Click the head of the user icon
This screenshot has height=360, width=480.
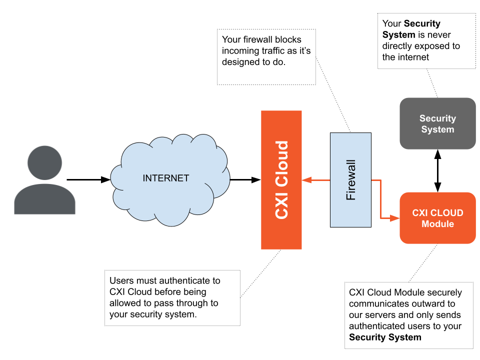tap(44, 162)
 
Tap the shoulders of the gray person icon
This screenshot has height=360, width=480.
tap(44, 200)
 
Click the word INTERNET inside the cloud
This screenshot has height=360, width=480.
tap(166, 178)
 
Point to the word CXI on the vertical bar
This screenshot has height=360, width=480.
tap(282, 205)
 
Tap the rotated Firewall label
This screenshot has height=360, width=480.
tap(351, 180)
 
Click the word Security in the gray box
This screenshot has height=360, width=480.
tap(437, 118)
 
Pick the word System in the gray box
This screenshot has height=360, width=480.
tap(437, 129)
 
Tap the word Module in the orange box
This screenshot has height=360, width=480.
tap(437, 224)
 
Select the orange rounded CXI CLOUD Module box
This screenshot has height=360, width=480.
tap(437, 235)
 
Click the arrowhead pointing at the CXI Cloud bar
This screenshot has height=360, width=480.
tap(305, 180)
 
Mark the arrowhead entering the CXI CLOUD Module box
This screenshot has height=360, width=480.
tap(395, 218)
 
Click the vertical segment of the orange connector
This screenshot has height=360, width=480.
tap(381, 199)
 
